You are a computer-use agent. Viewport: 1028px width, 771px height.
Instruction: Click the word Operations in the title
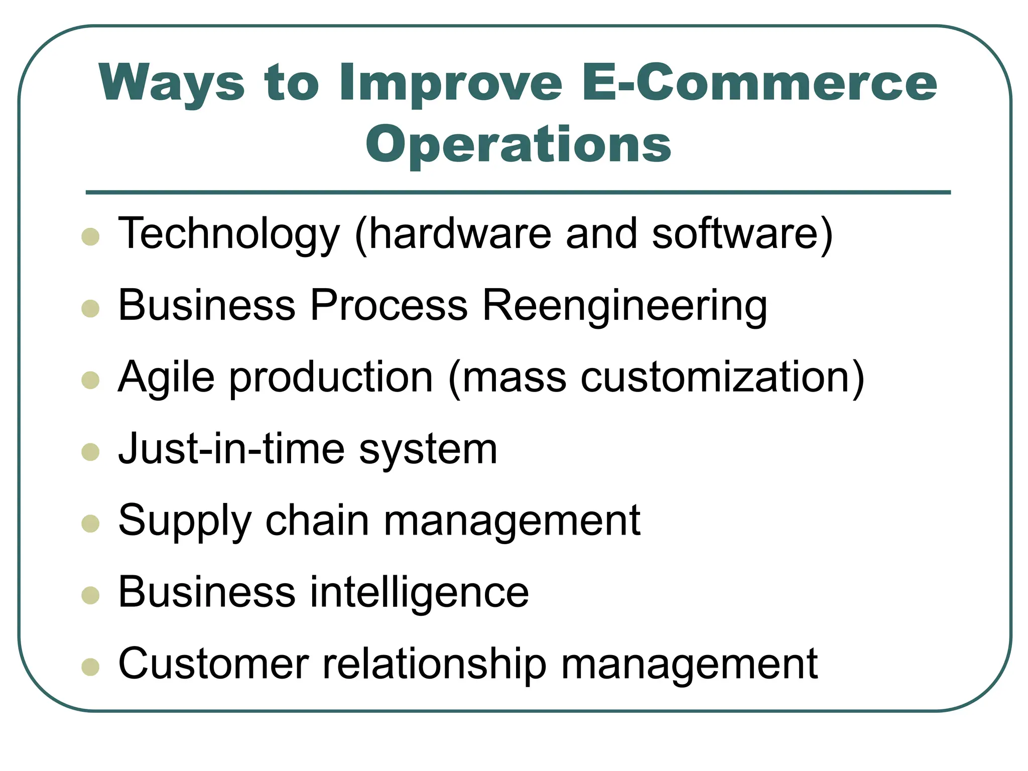pos(518,145)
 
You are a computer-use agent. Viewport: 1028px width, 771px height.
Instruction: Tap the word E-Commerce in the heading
pos(759,83)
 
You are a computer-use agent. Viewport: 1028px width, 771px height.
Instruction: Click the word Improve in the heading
pos(450,83)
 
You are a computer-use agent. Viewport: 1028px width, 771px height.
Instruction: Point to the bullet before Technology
pos(90,236)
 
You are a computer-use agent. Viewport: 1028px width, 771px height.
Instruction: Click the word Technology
pos(228,234)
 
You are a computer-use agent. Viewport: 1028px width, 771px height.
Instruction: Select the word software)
pos(742,234)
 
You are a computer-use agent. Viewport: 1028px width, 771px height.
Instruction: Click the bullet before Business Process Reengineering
pos(90,308)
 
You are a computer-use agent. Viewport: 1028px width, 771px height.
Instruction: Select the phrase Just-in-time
pos(231,449)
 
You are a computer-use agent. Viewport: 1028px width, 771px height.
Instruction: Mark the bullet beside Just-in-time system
pos(90,452)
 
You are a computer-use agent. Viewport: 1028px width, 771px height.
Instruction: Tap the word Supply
pos(184,521)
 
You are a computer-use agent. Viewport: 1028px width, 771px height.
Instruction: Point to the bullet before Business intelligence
pos(90,595)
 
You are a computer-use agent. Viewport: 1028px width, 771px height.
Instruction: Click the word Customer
pos(213,664)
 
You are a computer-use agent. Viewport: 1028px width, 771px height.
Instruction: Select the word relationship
pos(434,664)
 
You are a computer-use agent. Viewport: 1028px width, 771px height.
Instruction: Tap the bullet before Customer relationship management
pos(90,667)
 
